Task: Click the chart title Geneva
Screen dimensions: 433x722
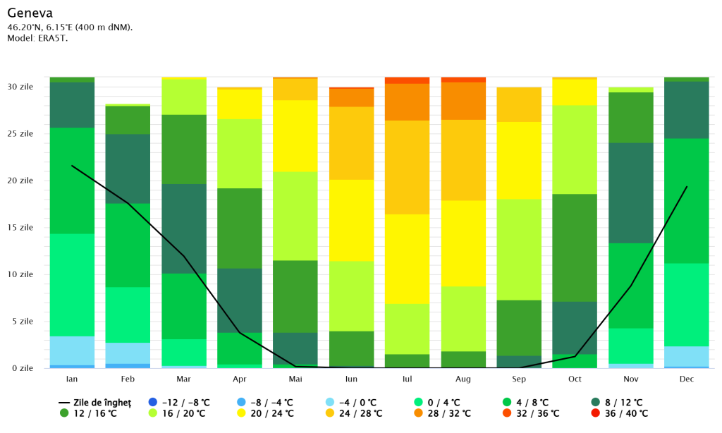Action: [30, 13]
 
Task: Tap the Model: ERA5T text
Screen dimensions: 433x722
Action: [37, 37]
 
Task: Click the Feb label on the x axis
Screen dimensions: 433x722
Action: [128, 379]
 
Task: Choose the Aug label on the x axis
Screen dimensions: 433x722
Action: [463, 379]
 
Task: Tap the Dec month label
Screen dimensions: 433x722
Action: [686, 379]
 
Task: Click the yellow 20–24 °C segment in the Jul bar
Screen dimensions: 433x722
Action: [407, 259]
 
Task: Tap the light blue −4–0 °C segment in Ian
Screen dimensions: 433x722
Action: [72, 350]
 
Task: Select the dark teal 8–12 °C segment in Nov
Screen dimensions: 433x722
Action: [630, 193]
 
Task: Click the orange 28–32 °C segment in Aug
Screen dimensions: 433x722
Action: [463, 101]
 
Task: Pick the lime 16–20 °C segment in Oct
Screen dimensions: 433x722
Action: [575, 150]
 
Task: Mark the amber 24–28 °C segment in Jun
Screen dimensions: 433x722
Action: [351, 143]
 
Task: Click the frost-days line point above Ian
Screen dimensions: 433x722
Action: [72, 165]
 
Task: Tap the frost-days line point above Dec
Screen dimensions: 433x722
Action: [686, 187]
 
